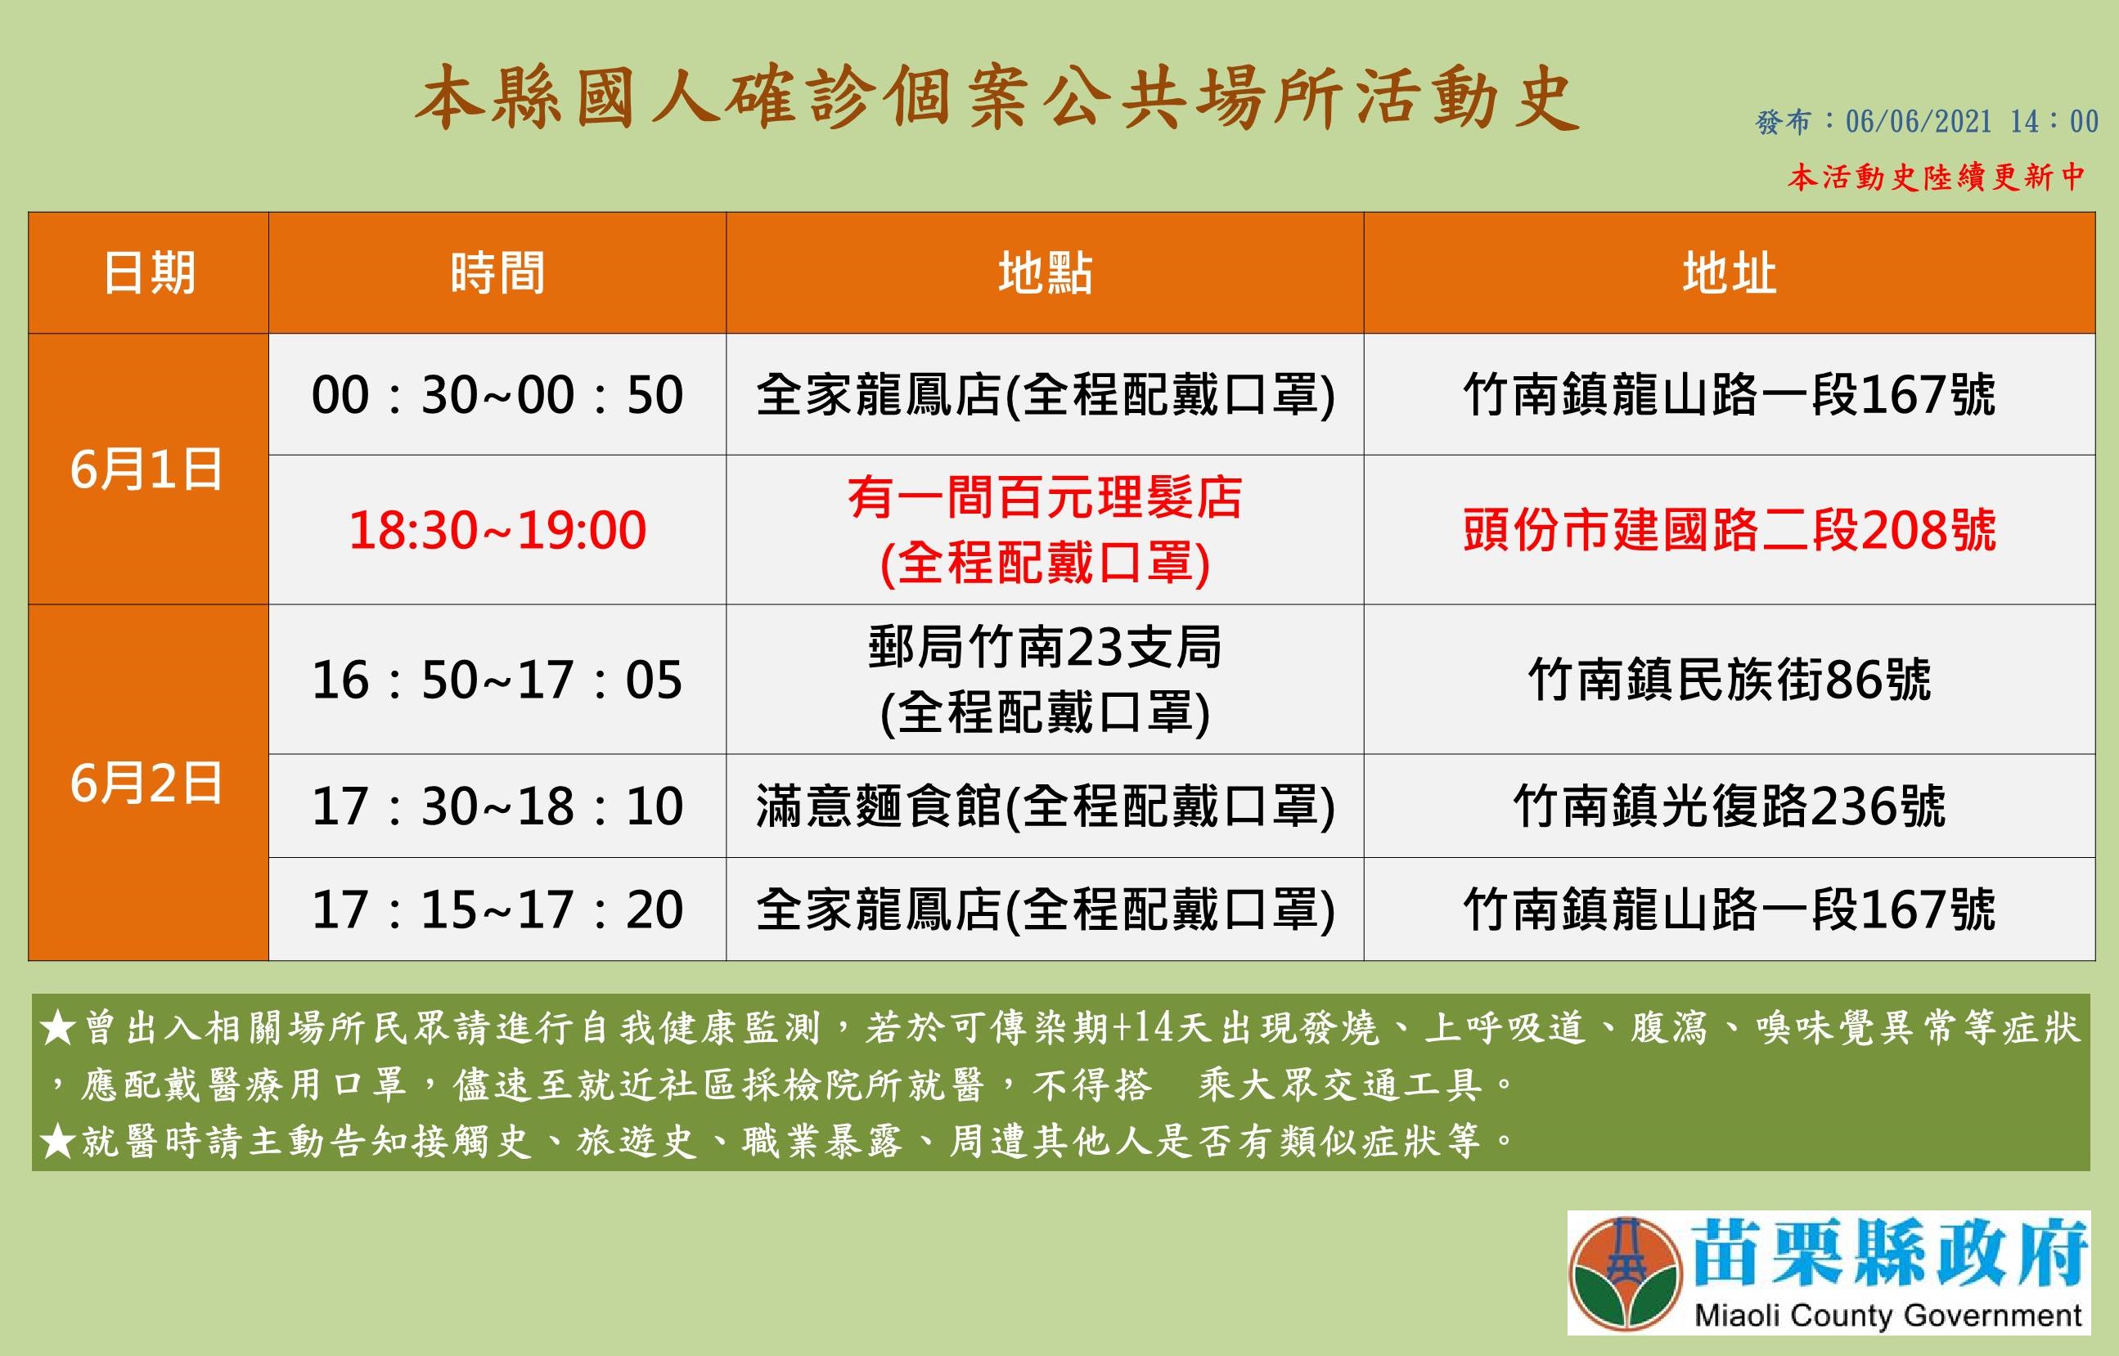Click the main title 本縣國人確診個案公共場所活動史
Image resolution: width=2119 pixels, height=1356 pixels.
click(996, 101)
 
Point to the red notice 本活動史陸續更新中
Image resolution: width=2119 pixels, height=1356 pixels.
click(1936, 177)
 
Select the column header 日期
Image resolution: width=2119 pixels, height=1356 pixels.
click(149, 273)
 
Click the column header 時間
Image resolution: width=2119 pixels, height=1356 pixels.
click(497, 273)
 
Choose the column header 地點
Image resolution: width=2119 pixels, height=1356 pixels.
click(1046, 273)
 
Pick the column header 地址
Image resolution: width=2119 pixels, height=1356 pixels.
click(1729, 273)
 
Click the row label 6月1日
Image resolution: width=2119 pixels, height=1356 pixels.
click(147, 469)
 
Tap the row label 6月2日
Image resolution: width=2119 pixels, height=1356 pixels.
click(147, 783)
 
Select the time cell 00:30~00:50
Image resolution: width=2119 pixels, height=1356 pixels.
click(497, 394)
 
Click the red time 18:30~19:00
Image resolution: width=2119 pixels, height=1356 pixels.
click(497, 530)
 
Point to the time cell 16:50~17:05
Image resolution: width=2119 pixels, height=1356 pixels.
click(497, 680)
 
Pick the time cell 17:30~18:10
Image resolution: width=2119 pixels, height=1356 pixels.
click(497, 806)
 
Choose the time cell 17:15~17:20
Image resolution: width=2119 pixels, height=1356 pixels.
click(497, 909)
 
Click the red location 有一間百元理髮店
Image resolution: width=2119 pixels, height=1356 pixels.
click(1046, 497)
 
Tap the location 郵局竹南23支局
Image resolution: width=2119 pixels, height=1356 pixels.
click(1046, 647)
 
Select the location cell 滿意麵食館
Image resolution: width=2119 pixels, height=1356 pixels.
click(879, 806)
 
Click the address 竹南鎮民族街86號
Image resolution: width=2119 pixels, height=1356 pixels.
click(1730, 680)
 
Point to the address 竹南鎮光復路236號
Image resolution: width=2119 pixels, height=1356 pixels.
click(1730, 806)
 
